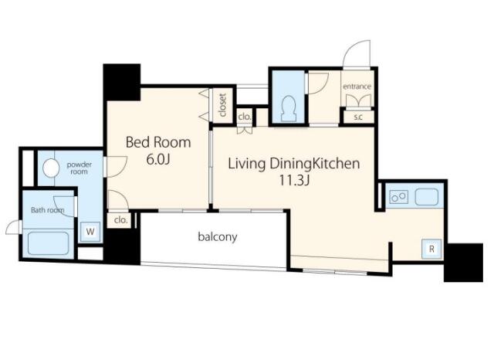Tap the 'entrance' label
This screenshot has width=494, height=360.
tap(357, 86)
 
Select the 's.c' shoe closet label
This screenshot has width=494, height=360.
tap(358, 117)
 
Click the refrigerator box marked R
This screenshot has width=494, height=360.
tap(431, 249)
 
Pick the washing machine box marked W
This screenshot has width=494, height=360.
tap(90, 232)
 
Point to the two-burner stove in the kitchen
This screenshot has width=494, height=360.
tap(398, 197)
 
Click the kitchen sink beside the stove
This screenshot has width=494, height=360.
tap(427, 197)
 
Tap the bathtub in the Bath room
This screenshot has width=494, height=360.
tap(48, 243)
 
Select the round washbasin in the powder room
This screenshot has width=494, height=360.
tap(51, 168)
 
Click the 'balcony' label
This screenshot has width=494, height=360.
tap(218, 236)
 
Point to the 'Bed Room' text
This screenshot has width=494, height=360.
tap(158, 142)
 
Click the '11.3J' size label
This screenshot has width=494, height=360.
tap(294, 180)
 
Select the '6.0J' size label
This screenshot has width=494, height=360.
tap(158, 159)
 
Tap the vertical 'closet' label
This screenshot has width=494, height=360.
tap(222, 105)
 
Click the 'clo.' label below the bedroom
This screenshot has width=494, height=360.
tap(120, 219)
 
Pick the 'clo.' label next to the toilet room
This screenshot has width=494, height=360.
tap(245, 117)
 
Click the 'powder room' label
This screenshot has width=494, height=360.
tap(79, 168)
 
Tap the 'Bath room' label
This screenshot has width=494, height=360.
tap(48, 209)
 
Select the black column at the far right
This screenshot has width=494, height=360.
tap(463, 263)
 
